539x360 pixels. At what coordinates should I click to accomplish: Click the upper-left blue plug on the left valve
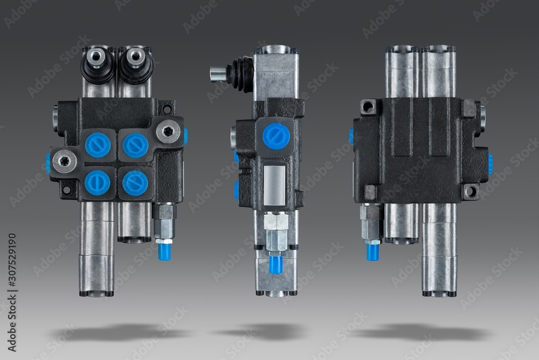tap(98, 145)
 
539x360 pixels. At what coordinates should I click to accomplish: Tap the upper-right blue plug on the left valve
tap(135, 146)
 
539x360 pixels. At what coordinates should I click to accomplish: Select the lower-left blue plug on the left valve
tap(97, 183)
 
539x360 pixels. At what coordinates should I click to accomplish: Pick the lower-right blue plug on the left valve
tap(135, 183)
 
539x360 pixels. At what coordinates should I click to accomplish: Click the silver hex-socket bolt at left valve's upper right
tap(168, 131)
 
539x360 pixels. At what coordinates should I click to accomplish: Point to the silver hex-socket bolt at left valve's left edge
tap(65, 161)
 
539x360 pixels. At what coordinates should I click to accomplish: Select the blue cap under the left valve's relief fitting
tap(164, 251)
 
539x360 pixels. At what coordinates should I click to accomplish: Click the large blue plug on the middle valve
tap(276, 136)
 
